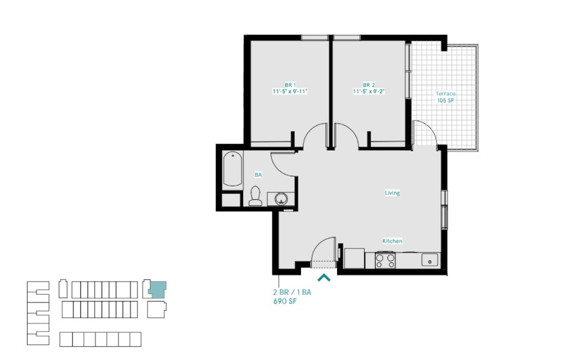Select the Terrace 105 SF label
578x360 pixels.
coord(446,97)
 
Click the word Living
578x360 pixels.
coord(392,193)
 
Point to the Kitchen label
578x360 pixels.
coord(392,241)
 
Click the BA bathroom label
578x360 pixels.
coord(258,175)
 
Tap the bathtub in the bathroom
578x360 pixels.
coord(233,169)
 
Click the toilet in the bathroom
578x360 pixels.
coord(255,196)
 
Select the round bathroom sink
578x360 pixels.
coord(281,199)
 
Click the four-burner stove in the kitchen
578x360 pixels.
coord(385,260)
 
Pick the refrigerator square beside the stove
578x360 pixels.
coord(354,258)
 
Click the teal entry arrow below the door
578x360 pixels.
coord(324,278)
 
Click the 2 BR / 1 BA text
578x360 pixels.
coord(291,292)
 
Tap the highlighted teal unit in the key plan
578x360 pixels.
coord(157,288)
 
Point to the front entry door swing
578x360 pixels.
coord(324,250)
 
